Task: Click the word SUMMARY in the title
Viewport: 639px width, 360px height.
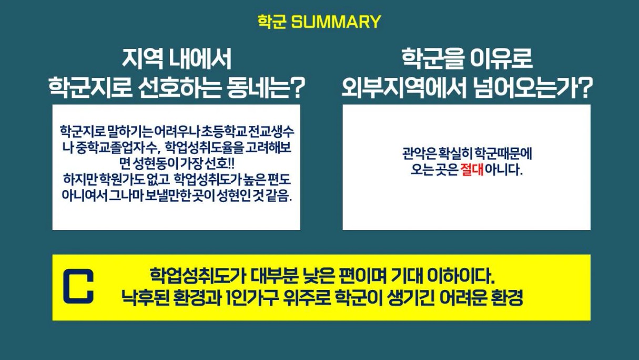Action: tap(336, 22)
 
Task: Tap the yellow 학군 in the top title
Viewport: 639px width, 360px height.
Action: tap(272, 22)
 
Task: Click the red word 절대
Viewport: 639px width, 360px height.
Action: tap(472, 169)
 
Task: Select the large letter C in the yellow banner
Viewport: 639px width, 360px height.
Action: tap(78, 286)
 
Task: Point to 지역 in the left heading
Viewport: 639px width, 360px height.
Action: tap(143, 59)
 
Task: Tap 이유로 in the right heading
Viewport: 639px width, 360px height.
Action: tap(501, 59)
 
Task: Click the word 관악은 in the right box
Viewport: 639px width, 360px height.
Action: tap(419, 154)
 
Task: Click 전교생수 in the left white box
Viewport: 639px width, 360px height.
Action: tap(271, 132)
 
